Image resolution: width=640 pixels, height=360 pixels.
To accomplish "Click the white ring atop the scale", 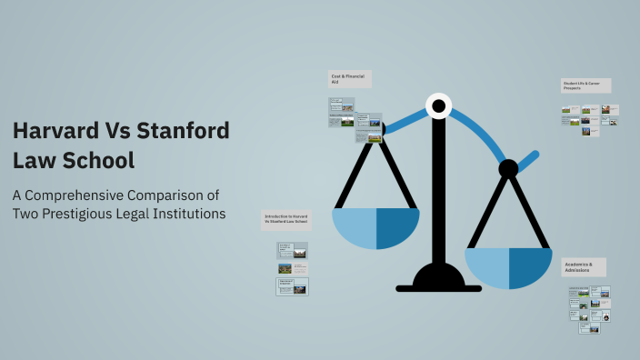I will point(438,107).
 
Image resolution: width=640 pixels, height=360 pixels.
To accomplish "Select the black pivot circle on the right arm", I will point(508,168).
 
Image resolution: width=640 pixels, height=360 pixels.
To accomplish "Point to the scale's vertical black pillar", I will point(438,191).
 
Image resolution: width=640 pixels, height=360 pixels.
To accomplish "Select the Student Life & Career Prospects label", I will point(585,85).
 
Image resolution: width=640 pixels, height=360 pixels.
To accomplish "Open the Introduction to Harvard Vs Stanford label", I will point(286,219).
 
